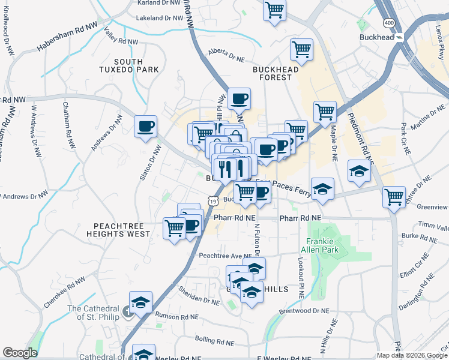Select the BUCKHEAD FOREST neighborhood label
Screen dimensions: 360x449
click(276, 74)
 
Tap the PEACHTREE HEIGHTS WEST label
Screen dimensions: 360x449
click(118, 229)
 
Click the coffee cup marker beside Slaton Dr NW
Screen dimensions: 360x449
click(146, 127)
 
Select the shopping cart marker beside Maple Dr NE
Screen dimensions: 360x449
click(325, 111)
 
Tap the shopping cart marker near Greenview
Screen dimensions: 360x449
click(394, 196)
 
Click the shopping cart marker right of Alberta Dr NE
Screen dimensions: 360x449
click(301, 49)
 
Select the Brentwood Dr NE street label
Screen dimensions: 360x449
click(305, 311)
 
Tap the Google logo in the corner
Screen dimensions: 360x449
click(20, 353)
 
